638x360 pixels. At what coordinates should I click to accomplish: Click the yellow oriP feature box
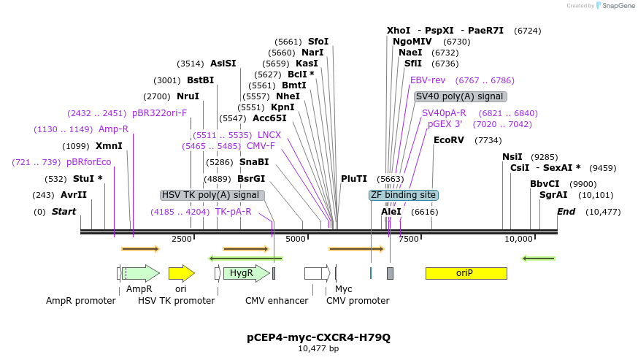pyautogui.click(x=466, y=273)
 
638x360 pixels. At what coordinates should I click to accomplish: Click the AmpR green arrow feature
pyautogui.click(x=142, y=273)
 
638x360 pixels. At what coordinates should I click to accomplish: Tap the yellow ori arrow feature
pyautogui.click(x=181, y=273)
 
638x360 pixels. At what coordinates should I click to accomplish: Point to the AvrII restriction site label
pyautogui.click(x=73, y=195)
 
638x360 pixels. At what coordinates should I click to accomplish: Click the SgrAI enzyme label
pyautogui.click(x=553, y=195)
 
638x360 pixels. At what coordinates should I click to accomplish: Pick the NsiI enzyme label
pyautogui.click(x=512, y=156)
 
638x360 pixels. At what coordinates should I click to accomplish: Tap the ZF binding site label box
pyautogui.click(x=403, y=195)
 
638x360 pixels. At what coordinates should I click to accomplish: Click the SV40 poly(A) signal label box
pyautogui.click(x=460, y=96)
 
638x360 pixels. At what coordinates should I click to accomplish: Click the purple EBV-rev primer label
pyautogui.click(x=428, y=80)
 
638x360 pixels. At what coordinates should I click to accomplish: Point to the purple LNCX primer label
pyautogui.click(x=269, y=135)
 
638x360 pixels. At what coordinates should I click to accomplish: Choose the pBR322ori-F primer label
pyautogui.click(x=159, y=113)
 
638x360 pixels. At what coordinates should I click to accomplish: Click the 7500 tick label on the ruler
pyautogui.click(x=409, y=239)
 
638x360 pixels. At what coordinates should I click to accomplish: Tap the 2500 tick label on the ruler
pyautogui.click(x=182, y=239)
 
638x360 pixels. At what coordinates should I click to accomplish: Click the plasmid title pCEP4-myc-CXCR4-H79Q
pyautogui.click(x=318, y=337)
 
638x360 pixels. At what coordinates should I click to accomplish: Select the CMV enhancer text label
pyautogui.click(x=277, y=301)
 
